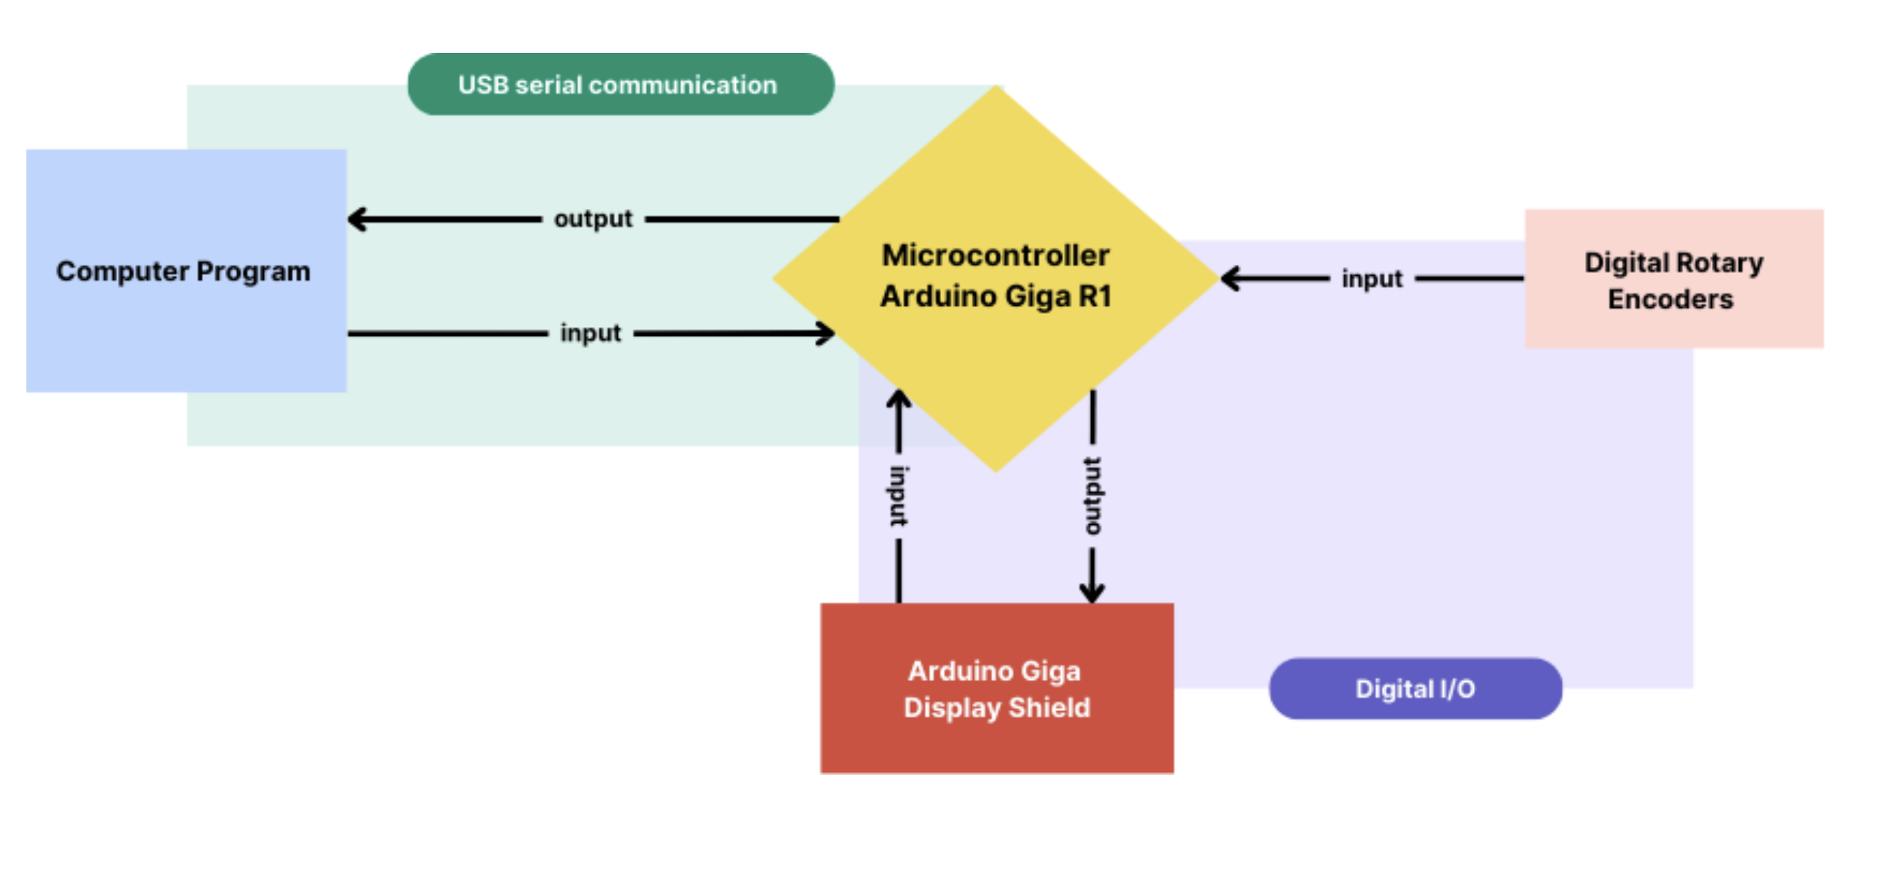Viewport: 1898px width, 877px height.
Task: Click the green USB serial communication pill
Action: pos(621,84)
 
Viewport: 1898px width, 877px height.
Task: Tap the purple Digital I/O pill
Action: pos(1414,689)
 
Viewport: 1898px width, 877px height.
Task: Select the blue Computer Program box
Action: pos(185,271)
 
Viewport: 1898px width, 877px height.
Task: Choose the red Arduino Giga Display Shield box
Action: pos(996,688)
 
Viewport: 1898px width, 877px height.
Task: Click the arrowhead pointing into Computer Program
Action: pos(357,219)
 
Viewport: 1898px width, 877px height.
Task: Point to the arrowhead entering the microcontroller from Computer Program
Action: pos(827,333)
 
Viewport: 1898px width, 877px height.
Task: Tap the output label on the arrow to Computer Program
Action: pos(593,219)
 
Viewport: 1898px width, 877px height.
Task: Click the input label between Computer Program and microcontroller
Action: pos(590,333)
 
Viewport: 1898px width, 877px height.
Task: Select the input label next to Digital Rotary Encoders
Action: pos(1372,279)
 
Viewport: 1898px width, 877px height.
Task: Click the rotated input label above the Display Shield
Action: pos(898,496)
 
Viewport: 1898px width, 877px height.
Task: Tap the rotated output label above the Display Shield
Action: pos(1093,496)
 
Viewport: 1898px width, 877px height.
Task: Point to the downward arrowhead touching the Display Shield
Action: pos(1092,592)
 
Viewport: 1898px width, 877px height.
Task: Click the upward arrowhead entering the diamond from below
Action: pos(898,400)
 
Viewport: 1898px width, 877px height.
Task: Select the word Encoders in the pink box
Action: pos(1670,299)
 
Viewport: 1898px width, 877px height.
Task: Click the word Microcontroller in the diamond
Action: pos(995,255)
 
